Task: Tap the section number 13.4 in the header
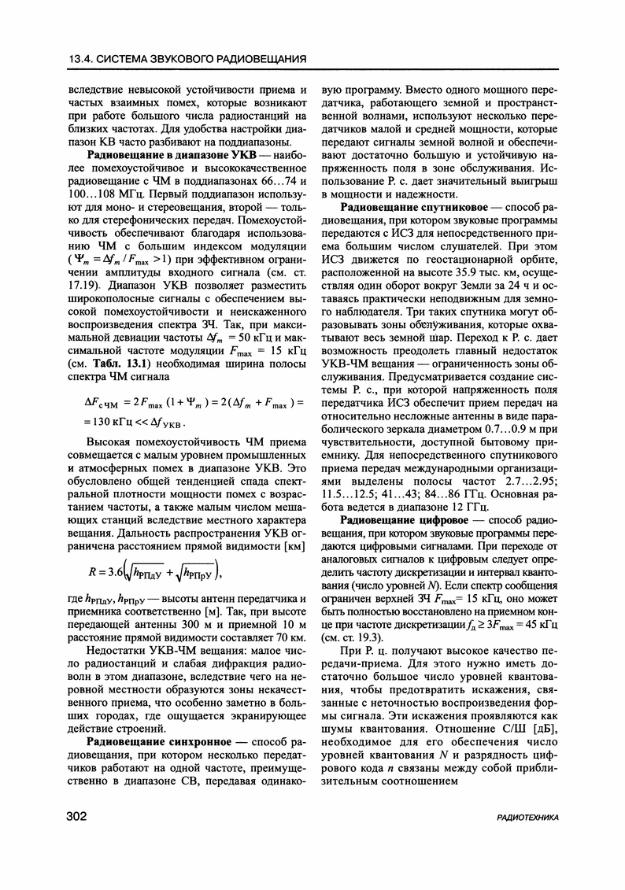(83, 60)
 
